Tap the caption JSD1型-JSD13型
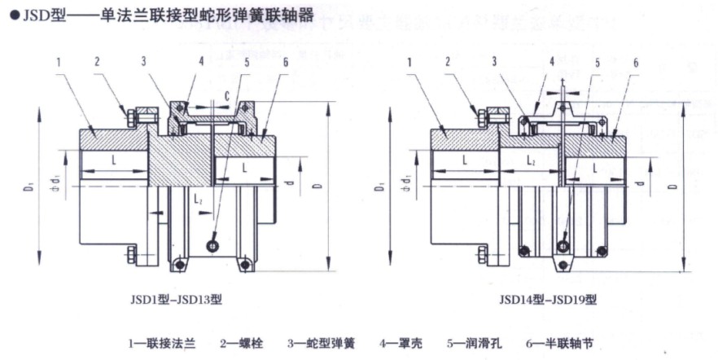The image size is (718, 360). pyautogui.click(x=173, y=299)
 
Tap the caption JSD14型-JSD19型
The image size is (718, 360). pyautogui.click(x=548, y=299)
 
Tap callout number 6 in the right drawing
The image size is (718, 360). pyautogui.click(x=635, y=63)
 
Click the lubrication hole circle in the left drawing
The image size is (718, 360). pyautogui.click(x=212, y=246)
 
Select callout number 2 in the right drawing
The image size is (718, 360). pyautogui.click(x=447, y=62)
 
